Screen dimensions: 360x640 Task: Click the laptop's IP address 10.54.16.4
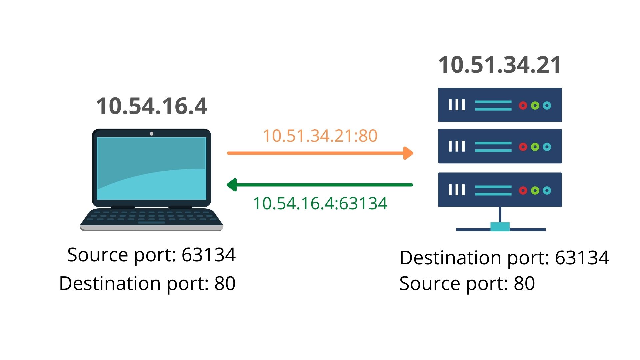152,106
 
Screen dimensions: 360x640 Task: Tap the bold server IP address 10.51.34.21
500,65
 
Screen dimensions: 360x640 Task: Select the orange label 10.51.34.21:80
320,136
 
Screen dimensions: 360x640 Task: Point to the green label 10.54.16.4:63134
320,203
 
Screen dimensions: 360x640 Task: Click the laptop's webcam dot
152,134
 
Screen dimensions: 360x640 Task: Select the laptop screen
152,168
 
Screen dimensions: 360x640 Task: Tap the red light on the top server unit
523,106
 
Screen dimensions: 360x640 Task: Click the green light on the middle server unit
535,147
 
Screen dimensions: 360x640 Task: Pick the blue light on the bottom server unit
547,190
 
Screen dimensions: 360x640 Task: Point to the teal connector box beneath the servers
500,227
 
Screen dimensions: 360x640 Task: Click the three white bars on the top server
457,105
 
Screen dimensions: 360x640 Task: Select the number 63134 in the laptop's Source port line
209,255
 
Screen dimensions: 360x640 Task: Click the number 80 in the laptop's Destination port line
225,284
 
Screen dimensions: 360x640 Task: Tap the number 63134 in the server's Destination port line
582,258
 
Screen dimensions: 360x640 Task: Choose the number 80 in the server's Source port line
524,284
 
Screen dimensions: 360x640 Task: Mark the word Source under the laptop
98,255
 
